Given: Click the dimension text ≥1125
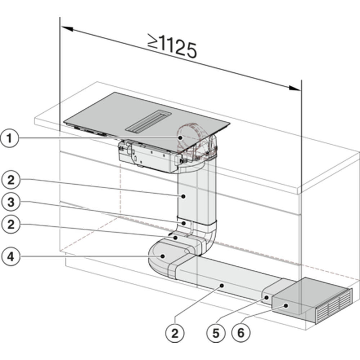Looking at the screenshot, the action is [172, 46].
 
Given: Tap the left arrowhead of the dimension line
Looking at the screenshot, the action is [67, 29].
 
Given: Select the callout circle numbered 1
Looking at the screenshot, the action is [9, 139].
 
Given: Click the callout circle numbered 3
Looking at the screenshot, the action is [11, 202].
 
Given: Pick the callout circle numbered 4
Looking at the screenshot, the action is [11, 256].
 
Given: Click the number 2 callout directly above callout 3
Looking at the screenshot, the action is [11, 180].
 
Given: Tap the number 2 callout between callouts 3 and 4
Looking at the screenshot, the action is [11, 224].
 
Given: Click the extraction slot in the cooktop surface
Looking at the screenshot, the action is [148, 121].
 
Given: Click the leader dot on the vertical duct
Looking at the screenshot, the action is [183, 196].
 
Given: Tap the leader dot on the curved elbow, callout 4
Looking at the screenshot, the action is [163, 256].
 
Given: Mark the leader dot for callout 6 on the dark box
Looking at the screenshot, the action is [286, 306].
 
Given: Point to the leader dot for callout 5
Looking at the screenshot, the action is [266, 298].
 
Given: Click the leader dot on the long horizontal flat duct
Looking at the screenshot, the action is [222, 285].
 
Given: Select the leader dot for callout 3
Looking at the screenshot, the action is [184, 223].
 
